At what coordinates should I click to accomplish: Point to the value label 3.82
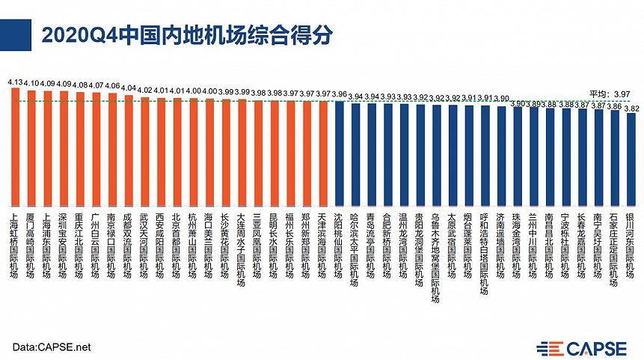tap(631, 108)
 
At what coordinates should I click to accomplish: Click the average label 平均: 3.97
tap(610, 93)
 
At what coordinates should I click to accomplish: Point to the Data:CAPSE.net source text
tap(52, 347)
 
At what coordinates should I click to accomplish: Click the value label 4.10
tap(30, 84)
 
